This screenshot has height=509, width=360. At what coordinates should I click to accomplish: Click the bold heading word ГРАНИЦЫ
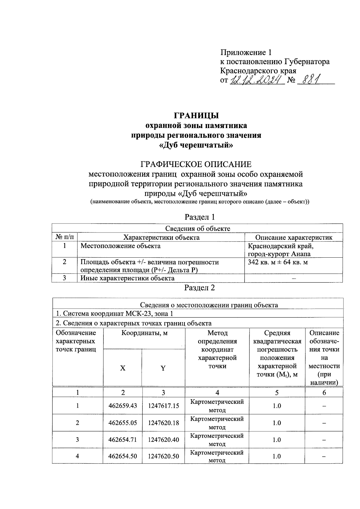[196, 115]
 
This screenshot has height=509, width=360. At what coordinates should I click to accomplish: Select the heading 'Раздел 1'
[199, 217]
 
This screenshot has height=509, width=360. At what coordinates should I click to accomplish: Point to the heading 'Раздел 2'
[199, 288]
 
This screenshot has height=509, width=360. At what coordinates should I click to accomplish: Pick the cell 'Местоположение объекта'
[121, 246]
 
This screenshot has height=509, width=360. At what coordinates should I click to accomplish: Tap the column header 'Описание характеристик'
[294, 238]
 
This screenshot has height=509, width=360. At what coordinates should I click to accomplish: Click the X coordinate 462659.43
[123, 406]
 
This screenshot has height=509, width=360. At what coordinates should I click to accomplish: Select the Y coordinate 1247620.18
[163, 423]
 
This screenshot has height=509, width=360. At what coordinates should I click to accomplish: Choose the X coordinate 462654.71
[123, 440]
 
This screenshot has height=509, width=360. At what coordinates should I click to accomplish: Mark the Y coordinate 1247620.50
[163, 456]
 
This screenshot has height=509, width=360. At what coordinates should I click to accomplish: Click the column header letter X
[123, 368]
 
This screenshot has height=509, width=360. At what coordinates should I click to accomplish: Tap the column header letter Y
[163, 368]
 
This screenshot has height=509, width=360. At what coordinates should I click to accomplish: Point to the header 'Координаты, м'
[144, 333]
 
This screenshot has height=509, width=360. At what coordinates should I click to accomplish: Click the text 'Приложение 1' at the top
[246, 53]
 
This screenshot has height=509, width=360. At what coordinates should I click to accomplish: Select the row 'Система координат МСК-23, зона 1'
[115, 314]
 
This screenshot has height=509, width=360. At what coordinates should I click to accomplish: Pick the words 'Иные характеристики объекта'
[128, 278]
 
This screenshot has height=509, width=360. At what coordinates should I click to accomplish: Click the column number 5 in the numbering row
[277, 393]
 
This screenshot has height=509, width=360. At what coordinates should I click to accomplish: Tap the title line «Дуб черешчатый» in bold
[196, 145]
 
